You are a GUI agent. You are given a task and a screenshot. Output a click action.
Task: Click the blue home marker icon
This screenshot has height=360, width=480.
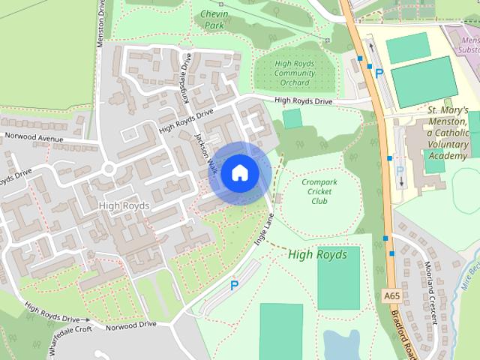[239, 172]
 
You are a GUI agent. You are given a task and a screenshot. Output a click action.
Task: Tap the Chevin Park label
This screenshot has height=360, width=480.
[214, 19]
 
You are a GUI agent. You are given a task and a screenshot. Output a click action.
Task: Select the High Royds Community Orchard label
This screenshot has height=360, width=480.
[295, 73]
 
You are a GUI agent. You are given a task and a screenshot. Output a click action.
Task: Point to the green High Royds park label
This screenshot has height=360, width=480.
[317, 255]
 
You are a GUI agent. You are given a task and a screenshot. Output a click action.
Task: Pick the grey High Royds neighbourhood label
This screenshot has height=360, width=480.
[124, 205]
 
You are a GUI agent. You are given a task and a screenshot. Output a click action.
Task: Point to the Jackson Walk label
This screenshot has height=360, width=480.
[205, 154]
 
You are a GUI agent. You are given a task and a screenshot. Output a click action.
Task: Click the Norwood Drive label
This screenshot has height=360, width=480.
[130, 325]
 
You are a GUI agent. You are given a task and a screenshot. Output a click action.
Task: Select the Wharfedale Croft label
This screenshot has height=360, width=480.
[70, 337]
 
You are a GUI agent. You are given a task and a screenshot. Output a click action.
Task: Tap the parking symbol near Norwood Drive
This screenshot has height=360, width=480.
[234, 285]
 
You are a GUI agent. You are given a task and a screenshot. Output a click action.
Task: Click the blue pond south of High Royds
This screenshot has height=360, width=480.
[341, 345]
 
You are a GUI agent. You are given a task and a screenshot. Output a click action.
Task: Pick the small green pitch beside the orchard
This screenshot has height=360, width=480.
[292, 118]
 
